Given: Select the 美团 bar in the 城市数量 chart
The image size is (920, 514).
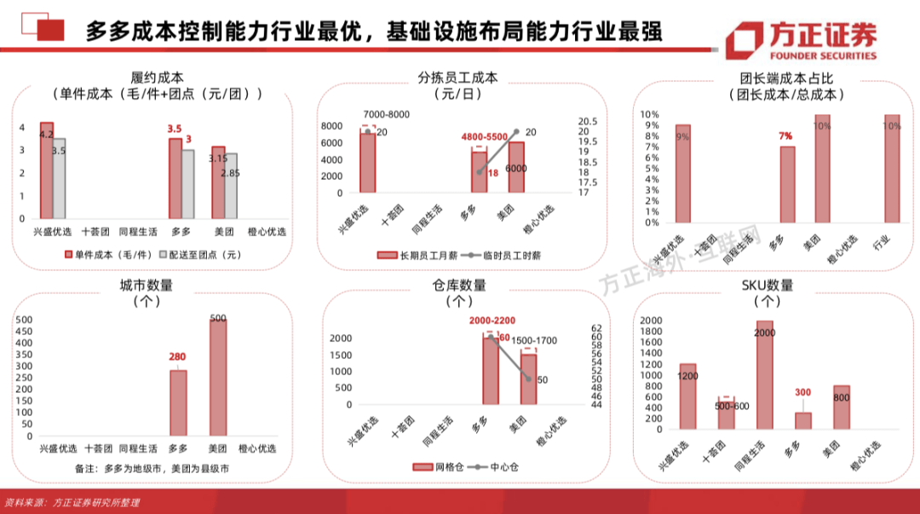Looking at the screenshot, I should [x=218, y=379].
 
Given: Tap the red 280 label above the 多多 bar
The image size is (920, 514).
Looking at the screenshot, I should [x=177, y=356].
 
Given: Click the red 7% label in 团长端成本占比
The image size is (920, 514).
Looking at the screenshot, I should [x=785, y=136].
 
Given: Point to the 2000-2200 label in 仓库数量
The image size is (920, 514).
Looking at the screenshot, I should [x=492, y=321].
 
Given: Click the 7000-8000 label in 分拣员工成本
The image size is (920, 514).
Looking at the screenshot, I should [x=386, y=114].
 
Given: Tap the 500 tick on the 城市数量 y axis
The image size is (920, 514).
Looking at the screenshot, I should [x=25, y=320].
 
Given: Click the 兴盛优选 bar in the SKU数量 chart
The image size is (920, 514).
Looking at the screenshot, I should [x=687, y=396].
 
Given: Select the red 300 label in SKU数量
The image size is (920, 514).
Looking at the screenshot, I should [x=802, y=393].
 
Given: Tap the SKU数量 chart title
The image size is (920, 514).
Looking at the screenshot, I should [x=768, y=286].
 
